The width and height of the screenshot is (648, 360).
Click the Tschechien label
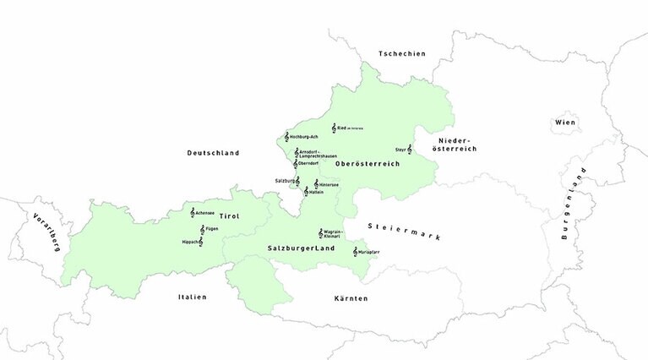[x=402, y=53]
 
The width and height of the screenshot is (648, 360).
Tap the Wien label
[x=564, y=123]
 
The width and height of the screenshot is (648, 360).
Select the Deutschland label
[x=213, y=153]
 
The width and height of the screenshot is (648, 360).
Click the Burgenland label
[x=574, y=204]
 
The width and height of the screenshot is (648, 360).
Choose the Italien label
[x=192, y=297]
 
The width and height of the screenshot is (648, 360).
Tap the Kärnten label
[x=350, y=298]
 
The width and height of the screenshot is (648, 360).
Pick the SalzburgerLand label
[x=301, y=249]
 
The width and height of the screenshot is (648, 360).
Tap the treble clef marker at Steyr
[x=410, y=150]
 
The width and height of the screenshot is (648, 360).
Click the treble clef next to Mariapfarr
[x=355, y=252]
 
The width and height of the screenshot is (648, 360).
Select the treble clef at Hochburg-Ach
[x=287, y=136]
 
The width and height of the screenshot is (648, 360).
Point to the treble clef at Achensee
[x=193, y=213]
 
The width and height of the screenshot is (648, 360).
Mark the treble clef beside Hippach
[x=200, y=242]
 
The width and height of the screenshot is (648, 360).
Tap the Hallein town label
[x=317, y=192]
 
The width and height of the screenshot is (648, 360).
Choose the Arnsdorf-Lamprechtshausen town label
[x=319, y=155]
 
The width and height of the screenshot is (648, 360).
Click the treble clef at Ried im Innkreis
[x=334, y=128]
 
